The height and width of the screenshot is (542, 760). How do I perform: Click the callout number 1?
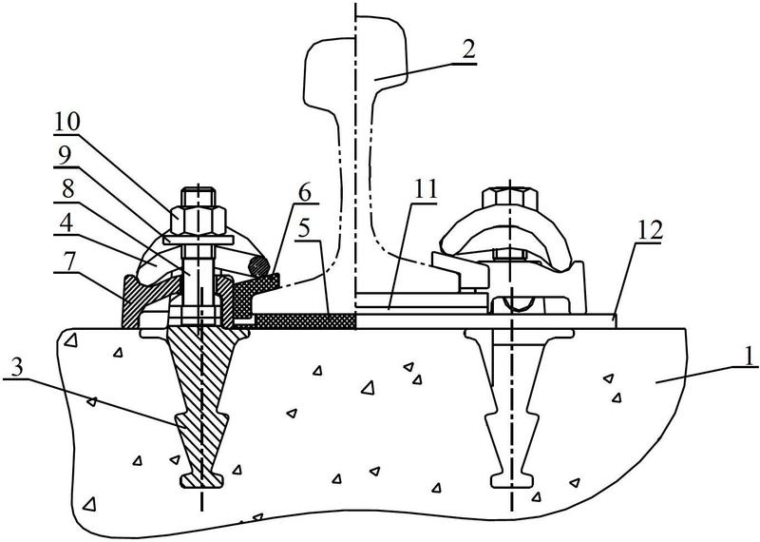(x=749, y=356)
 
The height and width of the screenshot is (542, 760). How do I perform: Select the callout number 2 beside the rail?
(x=468, y=51)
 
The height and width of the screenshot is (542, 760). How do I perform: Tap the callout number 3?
(x=16, y=368)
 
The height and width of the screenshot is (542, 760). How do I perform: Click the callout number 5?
(x=305, y=228)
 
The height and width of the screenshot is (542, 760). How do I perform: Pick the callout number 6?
(x=304, y=193)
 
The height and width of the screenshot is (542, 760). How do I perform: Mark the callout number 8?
(x=67, y=188)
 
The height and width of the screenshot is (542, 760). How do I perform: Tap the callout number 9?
(x=64, y=155)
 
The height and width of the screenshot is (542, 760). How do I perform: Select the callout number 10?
(x=66, y=122)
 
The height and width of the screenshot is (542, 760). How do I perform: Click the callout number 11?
(x=425, y=189)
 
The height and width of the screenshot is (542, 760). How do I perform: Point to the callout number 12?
(x=650, y=231)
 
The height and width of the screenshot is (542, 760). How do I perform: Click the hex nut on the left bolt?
(x=199, y=221)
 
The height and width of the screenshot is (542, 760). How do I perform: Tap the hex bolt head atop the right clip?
(x=510, y=198)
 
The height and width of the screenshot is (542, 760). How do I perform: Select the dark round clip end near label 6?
(x=257, y=266)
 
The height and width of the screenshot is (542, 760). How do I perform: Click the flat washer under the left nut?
(x=199, y=240)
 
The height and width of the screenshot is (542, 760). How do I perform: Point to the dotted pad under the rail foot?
(x=305, y=321)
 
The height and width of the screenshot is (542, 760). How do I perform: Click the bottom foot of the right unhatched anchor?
(x=513, y=480)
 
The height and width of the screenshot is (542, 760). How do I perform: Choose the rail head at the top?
(x=356, y=58)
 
